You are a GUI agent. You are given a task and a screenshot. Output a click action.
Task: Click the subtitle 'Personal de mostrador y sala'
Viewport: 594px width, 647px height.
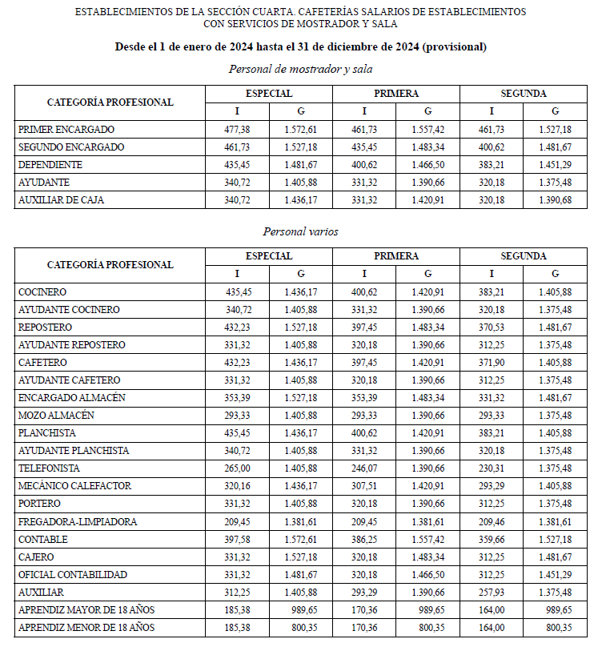(x=300, y=69)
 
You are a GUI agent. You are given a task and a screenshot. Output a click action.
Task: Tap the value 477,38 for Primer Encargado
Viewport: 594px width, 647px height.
(x=236, y=130)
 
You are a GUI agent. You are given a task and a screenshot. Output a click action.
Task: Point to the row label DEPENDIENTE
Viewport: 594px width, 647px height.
(x=50, y=165)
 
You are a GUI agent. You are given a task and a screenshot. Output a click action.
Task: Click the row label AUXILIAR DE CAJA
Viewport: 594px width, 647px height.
(x=61, y=200)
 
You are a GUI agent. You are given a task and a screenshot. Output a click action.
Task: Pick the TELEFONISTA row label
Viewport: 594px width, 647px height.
(x=49, y=468)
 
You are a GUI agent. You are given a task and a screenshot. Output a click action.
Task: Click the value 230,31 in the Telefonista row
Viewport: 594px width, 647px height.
(x=492, y=468)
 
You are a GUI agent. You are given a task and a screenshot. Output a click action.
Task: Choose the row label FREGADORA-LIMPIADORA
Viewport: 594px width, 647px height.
(x=78, y=521)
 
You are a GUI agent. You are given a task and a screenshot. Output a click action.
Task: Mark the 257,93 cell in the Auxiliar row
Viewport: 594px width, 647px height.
(x=492, y=592)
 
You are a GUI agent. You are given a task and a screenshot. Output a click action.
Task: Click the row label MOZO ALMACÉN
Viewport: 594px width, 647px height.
(x=56, y=416)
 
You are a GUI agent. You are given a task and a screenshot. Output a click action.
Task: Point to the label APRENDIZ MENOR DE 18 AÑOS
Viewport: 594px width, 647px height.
(x=86, y=627)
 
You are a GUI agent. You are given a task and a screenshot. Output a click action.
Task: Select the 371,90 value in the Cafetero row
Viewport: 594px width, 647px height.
(x=492, y=363)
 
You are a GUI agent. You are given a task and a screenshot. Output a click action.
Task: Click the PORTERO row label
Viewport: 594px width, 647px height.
(x=40, y=504)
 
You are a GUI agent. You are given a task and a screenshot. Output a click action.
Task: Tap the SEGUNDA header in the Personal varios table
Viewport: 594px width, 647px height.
(x=524, y=256)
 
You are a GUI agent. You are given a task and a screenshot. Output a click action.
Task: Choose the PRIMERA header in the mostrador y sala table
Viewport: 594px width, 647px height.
(x=395, y=94)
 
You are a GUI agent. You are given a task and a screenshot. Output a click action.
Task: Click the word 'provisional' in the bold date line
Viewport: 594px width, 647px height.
(x=452, y=47)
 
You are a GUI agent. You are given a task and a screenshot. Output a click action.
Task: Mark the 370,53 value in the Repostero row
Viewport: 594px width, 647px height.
(x=492, y=328)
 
